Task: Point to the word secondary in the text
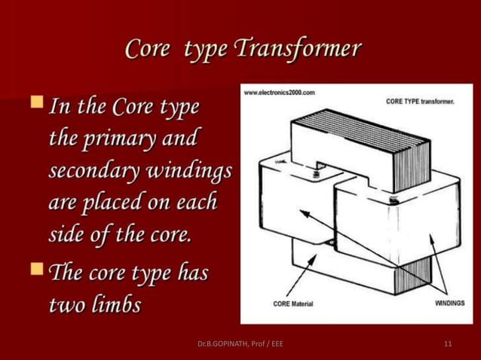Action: pos(84,171)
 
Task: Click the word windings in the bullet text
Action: pos(192,171)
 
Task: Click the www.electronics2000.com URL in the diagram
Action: pos(280,92)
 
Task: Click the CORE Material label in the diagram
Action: pos(293,304)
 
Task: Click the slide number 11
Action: pos(449,344)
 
